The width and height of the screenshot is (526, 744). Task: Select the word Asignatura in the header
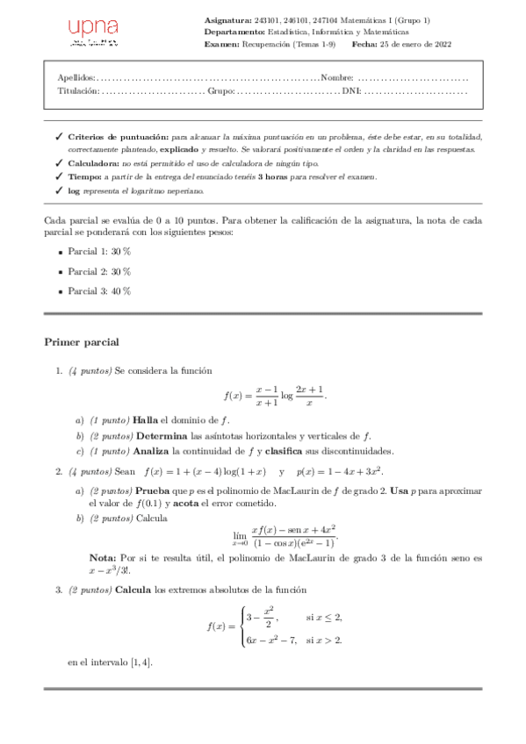click(x=226, y=18)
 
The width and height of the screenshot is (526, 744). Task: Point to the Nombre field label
click(x=337, y=78)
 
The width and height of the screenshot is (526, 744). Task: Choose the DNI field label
click(x=350, y=90)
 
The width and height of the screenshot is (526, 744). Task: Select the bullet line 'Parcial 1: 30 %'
click(x=99, y=252)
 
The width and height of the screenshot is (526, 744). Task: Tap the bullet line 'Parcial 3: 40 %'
click(x=99, y=291)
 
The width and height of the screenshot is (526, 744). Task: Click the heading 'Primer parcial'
click(x=81, y=341)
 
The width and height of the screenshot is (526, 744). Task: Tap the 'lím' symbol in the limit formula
click(x=239, y=533)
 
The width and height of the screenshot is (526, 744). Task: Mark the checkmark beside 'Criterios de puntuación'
click(x=58, y=138)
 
